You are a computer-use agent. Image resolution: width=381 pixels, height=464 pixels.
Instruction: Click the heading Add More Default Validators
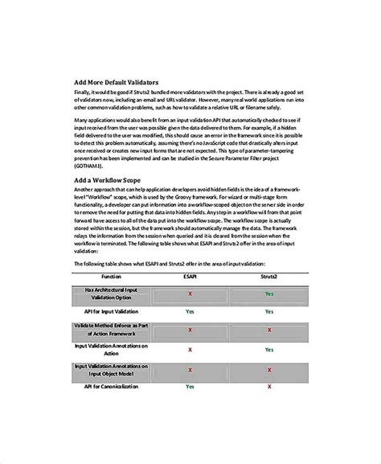point(116,83)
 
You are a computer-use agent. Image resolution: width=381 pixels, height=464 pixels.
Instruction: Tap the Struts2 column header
point(269,276)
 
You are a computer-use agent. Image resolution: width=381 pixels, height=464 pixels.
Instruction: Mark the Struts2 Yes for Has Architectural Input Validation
point(269,294)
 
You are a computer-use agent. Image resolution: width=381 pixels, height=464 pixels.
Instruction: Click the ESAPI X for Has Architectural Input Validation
point(190,294)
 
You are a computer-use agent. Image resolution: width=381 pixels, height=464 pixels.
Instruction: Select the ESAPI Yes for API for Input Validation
point(190,310)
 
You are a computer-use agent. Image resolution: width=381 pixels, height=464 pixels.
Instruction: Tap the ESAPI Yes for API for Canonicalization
point(190,386)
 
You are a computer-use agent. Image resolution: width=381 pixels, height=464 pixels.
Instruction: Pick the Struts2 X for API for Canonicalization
point(269,386)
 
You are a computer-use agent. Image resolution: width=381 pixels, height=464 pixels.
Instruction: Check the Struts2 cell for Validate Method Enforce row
point(269,330)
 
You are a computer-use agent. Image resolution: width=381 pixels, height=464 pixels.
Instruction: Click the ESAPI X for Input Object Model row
point(190,369)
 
